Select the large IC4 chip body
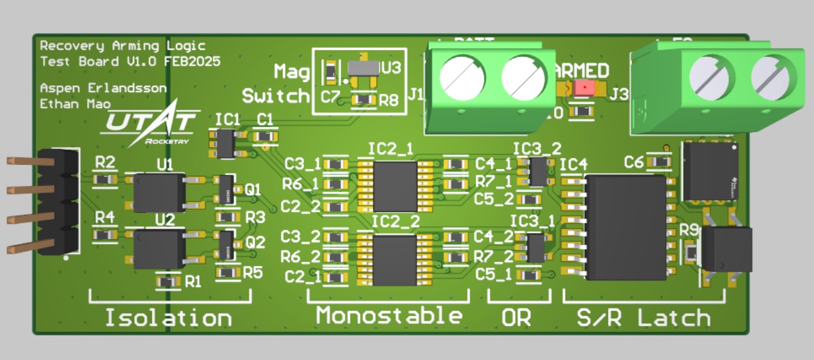pyautogui.click(x=625, y=227)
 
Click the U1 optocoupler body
pyautogui.click(x=159, y=193)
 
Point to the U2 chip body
pyautogui.click(x=159, y=248)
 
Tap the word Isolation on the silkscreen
pyautogui.click(x=169, y=318)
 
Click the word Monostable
pyautogui.click(x=389, y=316)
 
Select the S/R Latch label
pyautogui.click(x=644, y=318)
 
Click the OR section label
pyautogui.click(x=516, y=318)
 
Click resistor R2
pyautogui.click(x=105, y=180)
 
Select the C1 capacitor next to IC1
pyautogui.click(x=265, y=136)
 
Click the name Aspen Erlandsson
pyautogui.click(x=102, y=88)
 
